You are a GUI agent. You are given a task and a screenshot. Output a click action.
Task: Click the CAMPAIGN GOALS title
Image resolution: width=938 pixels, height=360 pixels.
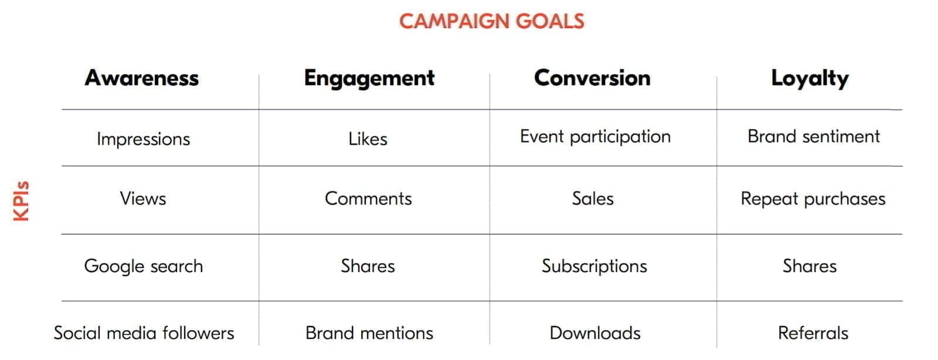click(x=491, y=21)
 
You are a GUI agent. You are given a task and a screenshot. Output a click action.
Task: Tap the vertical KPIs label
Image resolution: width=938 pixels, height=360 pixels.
click(x=22, y=201)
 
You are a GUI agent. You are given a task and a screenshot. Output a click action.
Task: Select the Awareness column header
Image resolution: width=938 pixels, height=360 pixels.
click(x=142, y=78)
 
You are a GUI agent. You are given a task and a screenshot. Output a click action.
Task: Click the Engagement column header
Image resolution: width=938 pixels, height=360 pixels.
click(x=369, y=79)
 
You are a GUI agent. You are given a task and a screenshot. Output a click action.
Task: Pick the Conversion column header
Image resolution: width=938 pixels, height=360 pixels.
click(x=592, y=78)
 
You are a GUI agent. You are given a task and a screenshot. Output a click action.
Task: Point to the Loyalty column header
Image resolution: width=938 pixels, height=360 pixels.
click(x=810, y=79)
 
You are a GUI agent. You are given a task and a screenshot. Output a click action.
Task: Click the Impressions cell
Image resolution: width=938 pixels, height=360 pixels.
click(x=144, y=139)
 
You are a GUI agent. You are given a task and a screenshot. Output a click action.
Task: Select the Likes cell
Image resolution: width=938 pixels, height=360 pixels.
click(x=368, y=139)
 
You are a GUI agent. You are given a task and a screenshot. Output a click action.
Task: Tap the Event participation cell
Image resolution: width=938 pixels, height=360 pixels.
click(x=595, y=137)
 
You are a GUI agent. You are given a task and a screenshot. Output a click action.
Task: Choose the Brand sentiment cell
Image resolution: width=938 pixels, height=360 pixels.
click(x=814, y=137)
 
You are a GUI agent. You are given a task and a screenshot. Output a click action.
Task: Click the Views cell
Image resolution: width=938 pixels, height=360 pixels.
click(x=143, y=198)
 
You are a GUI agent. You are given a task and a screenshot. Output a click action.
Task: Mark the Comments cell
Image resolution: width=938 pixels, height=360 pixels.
click(x=368, y=198)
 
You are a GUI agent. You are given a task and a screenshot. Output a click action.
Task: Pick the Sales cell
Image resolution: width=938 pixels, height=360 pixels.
click(x=593, y=198)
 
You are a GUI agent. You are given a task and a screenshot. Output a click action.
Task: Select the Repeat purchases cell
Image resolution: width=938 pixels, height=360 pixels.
click(x=813, y=199)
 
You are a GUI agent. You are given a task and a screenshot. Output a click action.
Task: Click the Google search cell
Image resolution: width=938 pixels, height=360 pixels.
click(x=144, y=266)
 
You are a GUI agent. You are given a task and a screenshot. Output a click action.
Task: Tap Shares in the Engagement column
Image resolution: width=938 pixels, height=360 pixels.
click(x=368, y=266)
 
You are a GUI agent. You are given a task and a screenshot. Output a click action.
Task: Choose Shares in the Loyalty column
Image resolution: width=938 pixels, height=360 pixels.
click(x=810, y=266)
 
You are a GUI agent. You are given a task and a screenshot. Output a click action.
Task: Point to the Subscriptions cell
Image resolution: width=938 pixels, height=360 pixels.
click(x=594, y=266)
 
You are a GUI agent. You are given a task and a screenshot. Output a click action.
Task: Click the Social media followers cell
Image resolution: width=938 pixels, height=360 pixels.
click(x=144, y=333)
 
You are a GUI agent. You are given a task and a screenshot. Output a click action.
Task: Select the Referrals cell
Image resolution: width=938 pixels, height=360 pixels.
click(x=813, y=333)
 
